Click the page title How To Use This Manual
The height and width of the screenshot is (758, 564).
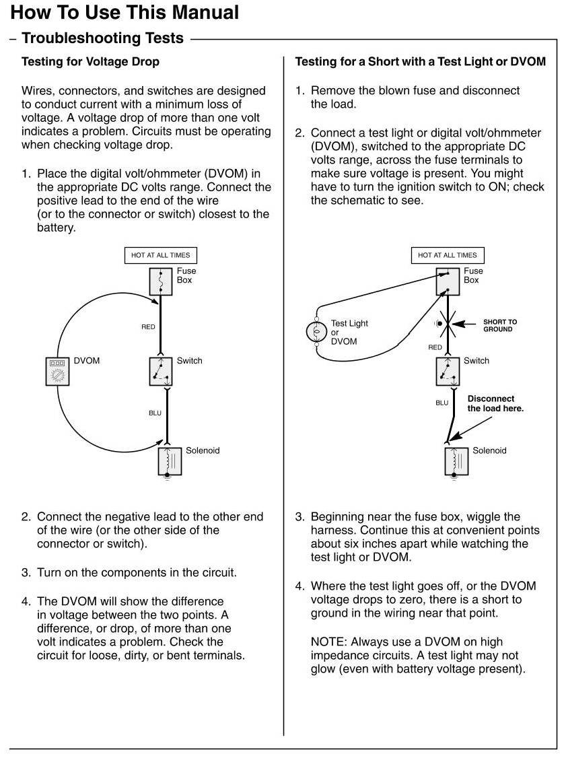(x=125, y=12)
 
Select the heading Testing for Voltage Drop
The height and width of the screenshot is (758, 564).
(x=91, y=62)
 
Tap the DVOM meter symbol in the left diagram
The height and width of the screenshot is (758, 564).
(x=57, y=371)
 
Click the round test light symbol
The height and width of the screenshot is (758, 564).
(x=316, y=333)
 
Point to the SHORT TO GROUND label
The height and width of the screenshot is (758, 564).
(x=500, y=325)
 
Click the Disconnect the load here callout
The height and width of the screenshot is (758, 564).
(x=495, y=403)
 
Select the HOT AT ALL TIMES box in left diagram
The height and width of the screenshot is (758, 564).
(x=161, y=255)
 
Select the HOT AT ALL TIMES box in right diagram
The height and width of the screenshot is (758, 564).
(x=448, y=255)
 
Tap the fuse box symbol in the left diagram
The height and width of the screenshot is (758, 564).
(x=161, y=281)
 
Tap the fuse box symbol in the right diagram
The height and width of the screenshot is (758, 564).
(x=448, y=281)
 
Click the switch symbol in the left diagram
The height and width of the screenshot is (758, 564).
(x=162, y=371)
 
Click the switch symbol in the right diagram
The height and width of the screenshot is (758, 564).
(x=448, y=371)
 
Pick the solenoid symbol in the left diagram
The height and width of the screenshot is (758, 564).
(x=167, y=461)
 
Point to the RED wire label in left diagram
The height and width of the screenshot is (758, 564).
(x=148, y=327)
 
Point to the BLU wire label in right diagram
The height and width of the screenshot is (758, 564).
(x=442, y=403)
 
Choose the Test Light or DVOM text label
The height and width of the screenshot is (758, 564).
(x=349, y=333)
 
